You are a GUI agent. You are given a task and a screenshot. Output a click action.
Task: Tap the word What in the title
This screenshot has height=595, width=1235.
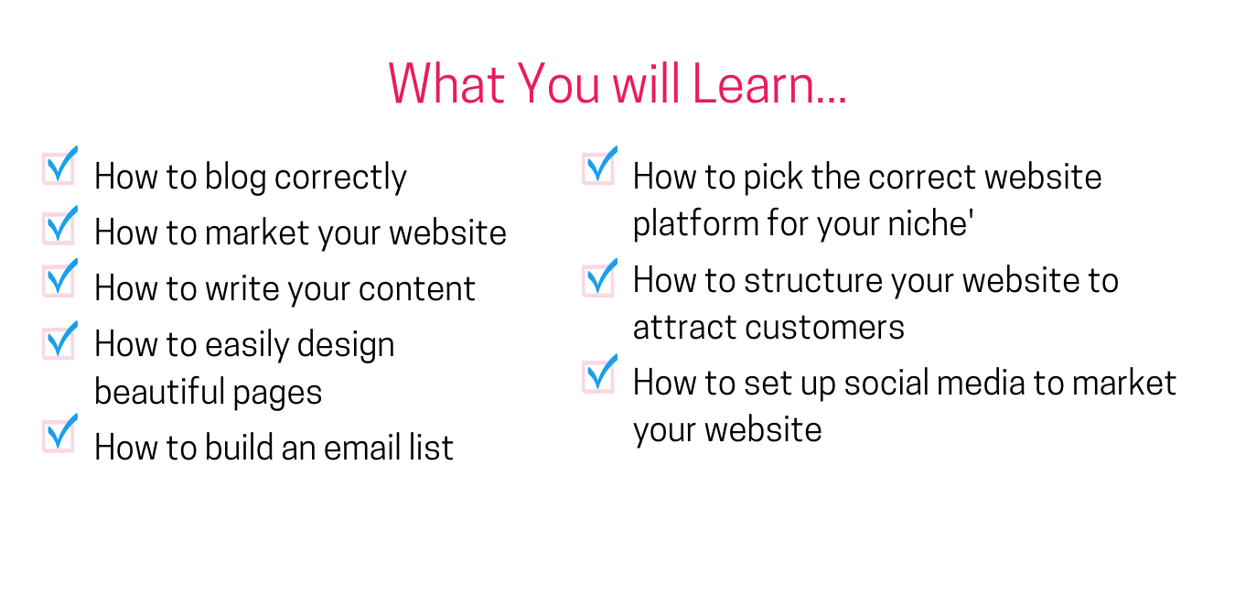(x=446, y=84)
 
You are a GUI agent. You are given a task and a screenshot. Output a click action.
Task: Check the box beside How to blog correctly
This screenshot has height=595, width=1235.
(x=59, y=168)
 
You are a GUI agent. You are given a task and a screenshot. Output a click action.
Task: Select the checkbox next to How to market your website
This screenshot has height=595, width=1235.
(x=59, y=225)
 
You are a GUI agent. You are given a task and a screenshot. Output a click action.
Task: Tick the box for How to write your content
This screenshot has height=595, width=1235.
(x=59, y=278)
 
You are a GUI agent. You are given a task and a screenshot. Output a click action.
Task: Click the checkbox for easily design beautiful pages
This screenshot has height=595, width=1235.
(x=59, y=341)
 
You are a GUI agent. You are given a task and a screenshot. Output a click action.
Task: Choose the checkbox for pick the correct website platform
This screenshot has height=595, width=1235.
(x=599, y=166)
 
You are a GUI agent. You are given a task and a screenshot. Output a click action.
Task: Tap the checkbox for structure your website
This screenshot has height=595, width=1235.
(x=599, y=278)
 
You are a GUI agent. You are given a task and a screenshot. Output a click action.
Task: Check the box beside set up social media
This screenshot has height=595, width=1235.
(x=599, y=374)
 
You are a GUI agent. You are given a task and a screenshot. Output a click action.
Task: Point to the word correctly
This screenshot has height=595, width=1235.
(x=340, y=178)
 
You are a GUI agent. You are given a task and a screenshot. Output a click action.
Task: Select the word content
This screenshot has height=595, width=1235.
(x=417, y=289)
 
